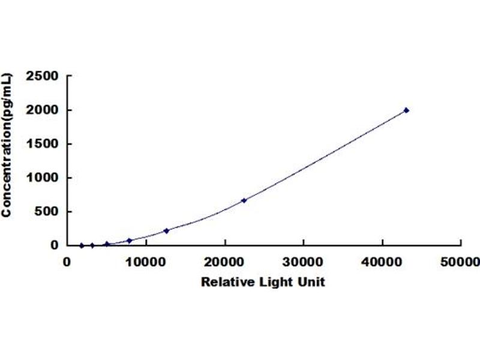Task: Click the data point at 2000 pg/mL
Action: click(x=406, y=110)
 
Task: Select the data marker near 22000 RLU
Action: click(x=244, y=200)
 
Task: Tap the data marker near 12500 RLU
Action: click(x=166, y=231)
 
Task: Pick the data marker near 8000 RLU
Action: click(x=130, y=241)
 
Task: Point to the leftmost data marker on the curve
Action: click(x=82, y=245)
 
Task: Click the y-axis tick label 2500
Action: click(x=42, y=76)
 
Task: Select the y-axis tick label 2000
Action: click(x=42, y=110)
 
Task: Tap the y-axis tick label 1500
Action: click(x=42, y=143)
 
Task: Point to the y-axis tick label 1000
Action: click(x=42, y=178)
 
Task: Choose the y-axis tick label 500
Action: click(x=46, y=211)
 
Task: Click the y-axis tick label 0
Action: click(x=54, y=245)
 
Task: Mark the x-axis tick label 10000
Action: click(x=145, y=262)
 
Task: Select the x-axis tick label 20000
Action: click(x=224, y=262)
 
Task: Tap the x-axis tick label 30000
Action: click(x=303, y=262)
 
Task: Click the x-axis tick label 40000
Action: click(x=382, y=262)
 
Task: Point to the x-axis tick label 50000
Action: click(x=460, y=262)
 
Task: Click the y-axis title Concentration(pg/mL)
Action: click(x=6, y=145)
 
